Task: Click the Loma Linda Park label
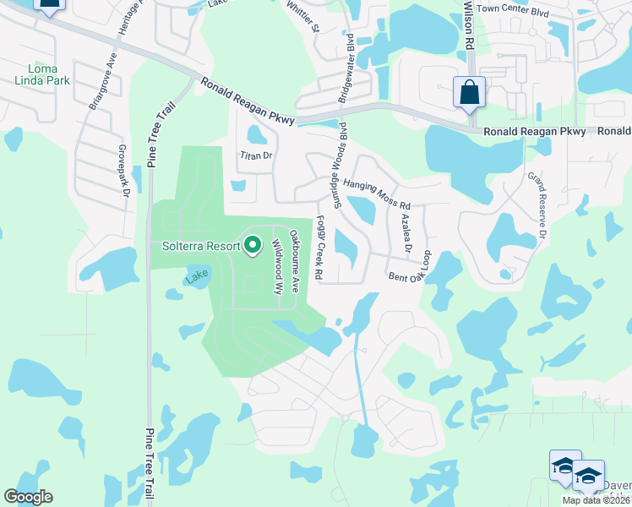point(48,74)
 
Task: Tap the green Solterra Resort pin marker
point(253,246)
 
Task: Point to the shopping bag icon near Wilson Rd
point(469,92)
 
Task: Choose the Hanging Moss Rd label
point(376,199)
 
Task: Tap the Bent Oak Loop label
point(409,266)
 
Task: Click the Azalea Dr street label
point(406,233)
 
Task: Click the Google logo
point(28,497)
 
